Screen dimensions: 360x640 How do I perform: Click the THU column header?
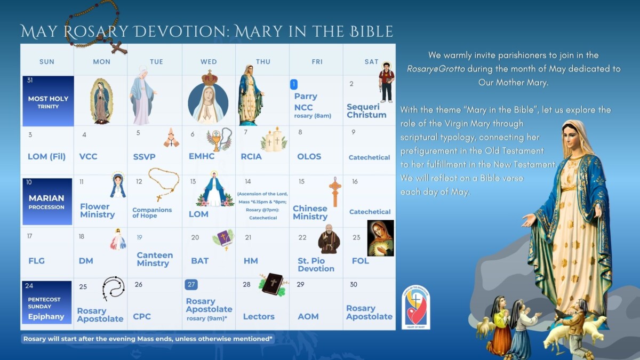[x=263, y=62]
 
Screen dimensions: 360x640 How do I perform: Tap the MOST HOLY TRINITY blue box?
[x=48, y=101]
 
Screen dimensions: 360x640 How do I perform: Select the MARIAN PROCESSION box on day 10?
[x=47, y=202]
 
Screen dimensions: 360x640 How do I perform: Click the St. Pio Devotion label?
[x=316, y=265]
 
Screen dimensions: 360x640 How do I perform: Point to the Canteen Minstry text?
[x=155, y=259]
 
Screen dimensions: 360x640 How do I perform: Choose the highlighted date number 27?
[x=191, y=284]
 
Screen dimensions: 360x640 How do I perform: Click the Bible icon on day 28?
[x=273, y=284]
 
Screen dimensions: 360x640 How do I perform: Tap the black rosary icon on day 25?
[x=113, y=289]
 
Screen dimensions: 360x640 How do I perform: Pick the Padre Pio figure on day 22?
[x=329, y=239]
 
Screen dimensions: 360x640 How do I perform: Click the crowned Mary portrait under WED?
[x=209, y=99]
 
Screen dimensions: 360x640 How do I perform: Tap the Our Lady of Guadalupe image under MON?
[x=101, y=101]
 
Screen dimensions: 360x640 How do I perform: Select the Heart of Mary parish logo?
[x=416, y=308]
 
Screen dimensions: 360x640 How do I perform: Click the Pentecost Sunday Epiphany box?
[x=47, y=302]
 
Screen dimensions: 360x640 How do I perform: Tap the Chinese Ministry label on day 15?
[x=310, y=212]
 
